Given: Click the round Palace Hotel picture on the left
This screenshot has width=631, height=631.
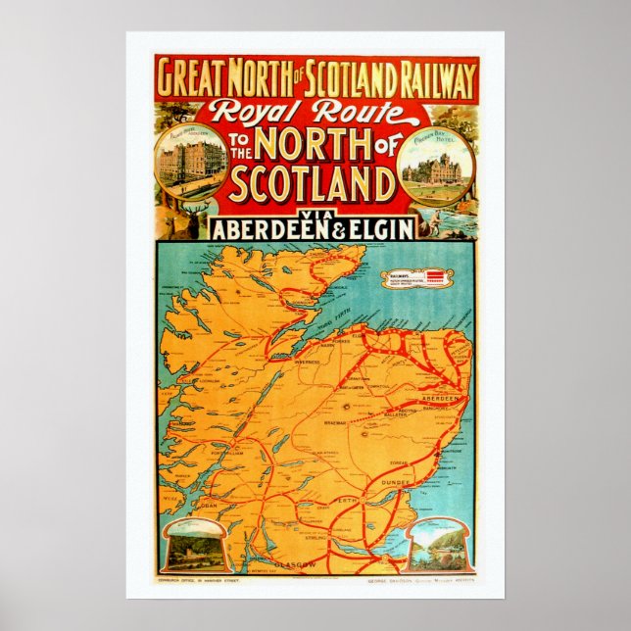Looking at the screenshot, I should click(x=191, y=156).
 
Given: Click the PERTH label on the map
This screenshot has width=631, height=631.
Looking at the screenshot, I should click(x=346, y=499).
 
